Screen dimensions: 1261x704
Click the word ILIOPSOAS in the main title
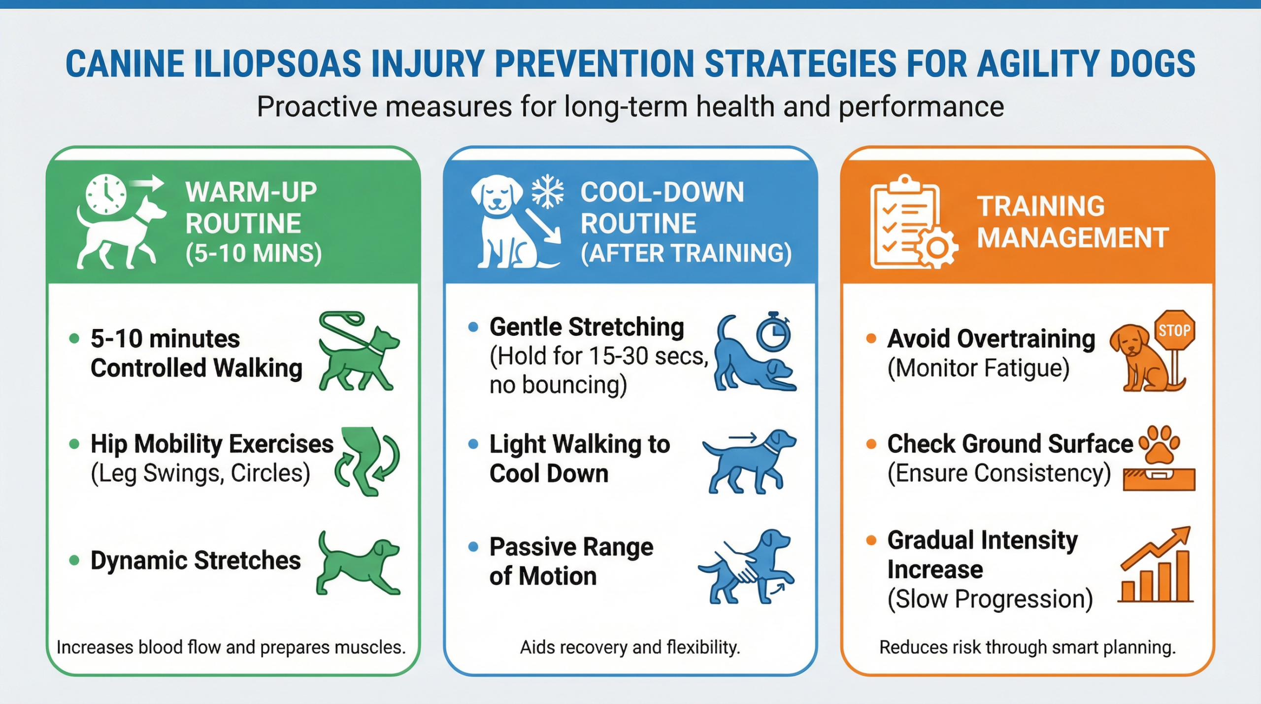click(x=277, y=64)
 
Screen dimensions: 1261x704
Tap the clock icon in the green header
click(x=106, y=194)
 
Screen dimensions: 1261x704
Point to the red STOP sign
click(x=1175, y=330)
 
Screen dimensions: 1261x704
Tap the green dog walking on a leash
click(x=359, y=351)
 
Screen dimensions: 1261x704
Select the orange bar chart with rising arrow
click(x=1156, y=565)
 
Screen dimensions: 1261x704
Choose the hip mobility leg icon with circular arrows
click(x=367, y=460)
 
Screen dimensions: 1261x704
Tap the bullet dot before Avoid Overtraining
click(x=871, y=338)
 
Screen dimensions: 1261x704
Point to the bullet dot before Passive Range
click(x=473, y=546)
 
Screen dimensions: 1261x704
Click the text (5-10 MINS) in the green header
click(x=254, y=254)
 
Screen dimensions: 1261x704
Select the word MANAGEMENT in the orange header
click(x=1073, y=237)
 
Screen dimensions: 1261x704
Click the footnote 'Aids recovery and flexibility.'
click(x=630, y=647)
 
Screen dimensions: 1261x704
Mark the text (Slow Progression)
click(x=990, y=599)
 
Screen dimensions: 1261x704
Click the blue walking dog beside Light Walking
click(x=749, y=461)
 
